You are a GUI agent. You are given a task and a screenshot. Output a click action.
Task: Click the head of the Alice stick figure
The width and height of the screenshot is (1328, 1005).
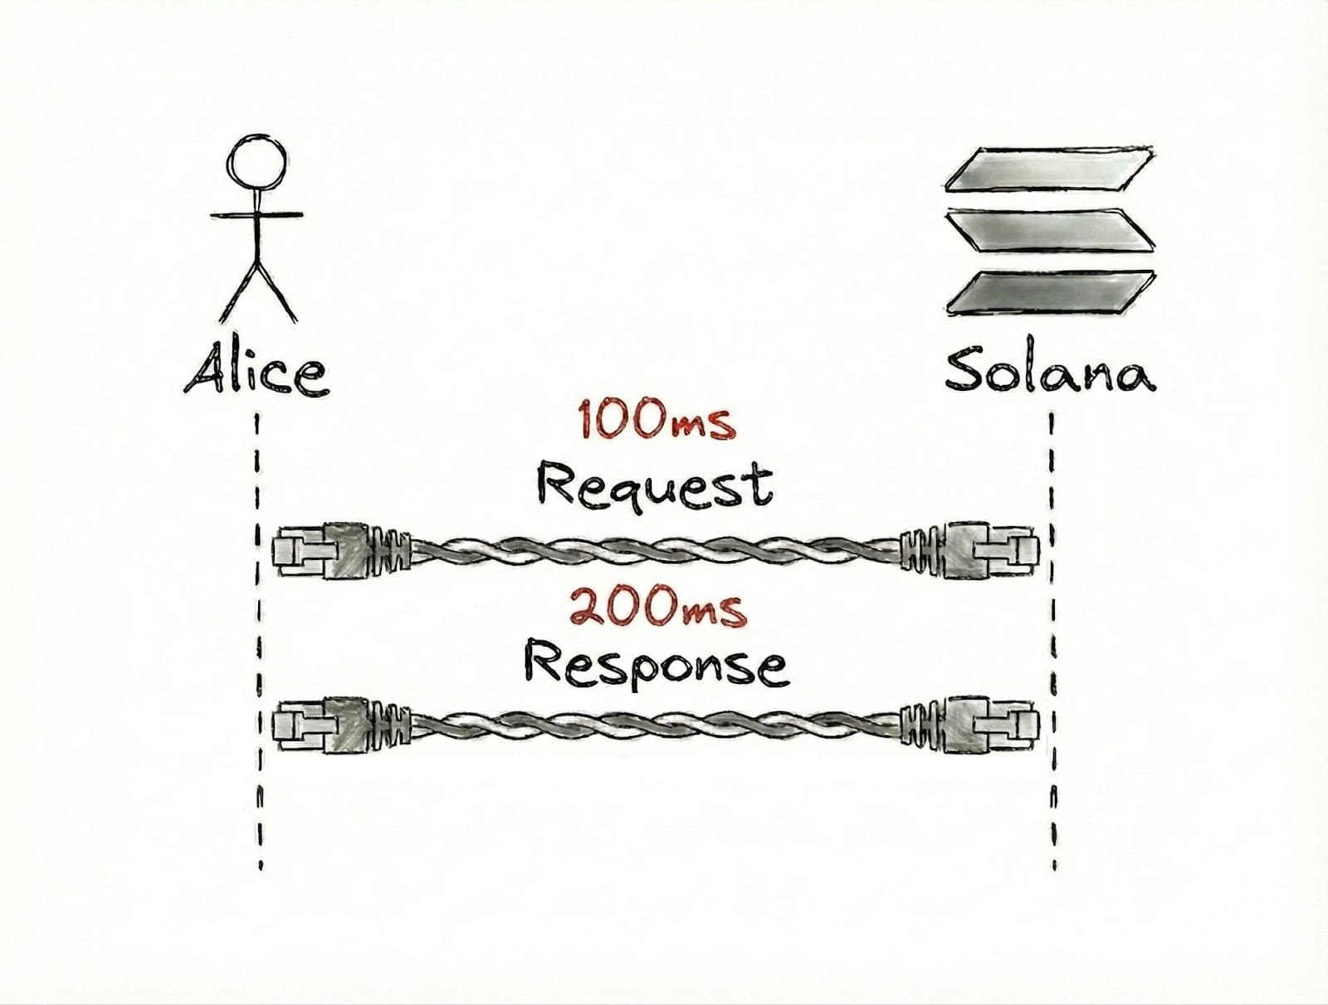pos(259,163)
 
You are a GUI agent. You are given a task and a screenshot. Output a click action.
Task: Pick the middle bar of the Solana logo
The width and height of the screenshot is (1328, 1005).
pos(1050,230)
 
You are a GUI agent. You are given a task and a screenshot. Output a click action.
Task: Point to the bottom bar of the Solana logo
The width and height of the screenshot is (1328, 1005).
pos(1050,293)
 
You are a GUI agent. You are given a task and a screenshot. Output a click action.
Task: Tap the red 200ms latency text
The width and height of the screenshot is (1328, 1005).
pos(657,608)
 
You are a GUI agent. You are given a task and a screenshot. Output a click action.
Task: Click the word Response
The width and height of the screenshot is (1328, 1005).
pos(656,666)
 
